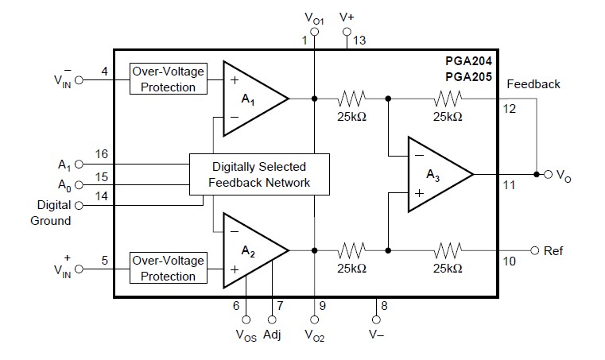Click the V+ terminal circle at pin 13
pyautogui.click(x=347, y=32)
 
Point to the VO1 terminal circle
pyautogui.click(x=315, y=32)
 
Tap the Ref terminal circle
pyautogui.click(x=534, y=251)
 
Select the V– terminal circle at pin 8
pyautogui.click(x=376, y=319)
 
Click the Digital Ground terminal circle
pyautogui.click(x=79, y=205)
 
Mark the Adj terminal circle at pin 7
pyautogui.click(x=272, y=319)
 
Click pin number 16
pyautogui.click(x=102, y=154)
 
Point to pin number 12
pyautogui.click(x=510, y=109)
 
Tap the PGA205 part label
pyautogui.click(x=468, y=77)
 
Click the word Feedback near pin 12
pyautogui.click(x=533, y=84)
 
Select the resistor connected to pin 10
pyautogui.click(x=448, y=250)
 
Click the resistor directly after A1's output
pyautogui.click(x=351, y=99)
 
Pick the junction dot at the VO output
pyautogui.click(x=537, y=174)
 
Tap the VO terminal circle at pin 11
pyautogui.click(x=549, y=174)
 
